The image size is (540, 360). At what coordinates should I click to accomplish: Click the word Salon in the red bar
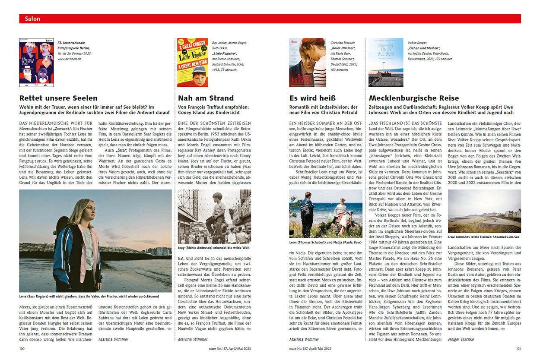point(32,19)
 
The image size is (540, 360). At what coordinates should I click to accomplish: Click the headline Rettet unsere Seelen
point(58,98)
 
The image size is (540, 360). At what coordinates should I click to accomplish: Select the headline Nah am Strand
point(206,98)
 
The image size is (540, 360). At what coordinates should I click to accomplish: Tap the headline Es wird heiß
point(312,98)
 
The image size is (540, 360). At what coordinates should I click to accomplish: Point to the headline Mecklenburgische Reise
point(414,98)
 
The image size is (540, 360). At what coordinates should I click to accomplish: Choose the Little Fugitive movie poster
point(192,63)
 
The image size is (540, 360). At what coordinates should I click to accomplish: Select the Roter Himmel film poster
point(308,63)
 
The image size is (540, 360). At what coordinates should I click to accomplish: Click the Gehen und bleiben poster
point(385,63)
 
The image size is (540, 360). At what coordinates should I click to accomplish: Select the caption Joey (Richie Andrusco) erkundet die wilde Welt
point(213,248)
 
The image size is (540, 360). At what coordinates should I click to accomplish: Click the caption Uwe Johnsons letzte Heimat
point(483,237)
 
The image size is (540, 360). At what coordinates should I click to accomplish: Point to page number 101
point(518,348)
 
